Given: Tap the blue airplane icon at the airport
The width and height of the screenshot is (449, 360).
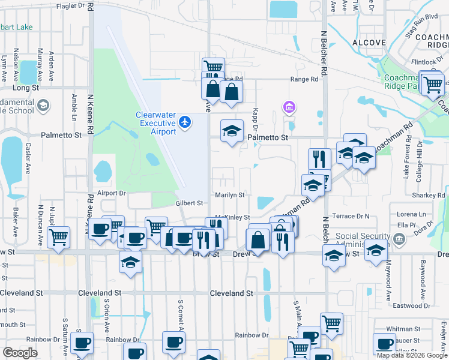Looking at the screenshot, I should point(184,122).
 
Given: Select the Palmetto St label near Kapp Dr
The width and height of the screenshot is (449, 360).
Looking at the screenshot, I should point(268,137).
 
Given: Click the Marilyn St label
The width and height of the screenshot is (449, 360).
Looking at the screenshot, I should point(230,195).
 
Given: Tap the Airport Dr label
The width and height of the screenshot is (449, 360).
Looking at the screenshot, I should point(112,193).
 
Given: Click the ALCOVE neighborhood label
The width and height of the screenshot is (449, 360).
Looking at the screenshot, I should point(369,43).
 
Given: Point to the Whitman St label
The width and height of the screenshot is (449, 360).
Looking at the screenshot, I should point(403,329).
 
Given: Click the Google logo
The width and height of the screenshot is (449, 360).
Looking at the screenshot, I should point(20,353).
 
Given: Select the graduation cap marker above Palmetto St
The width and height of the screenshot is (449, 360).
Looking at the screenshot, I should point(231,132).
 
